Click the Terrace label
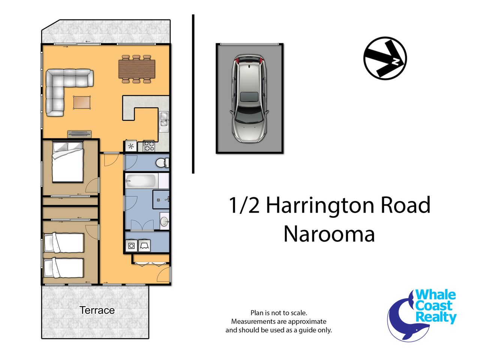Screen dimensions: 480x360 tap(97, 310)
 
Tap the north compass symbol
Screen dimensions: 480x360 tap(385, 58)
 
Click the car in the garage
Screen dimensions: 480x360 tap(249, 99)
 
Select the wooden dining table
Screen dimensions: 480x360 tap(136, 69)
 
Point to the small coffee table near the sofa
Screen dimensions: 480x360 tap(82, 102)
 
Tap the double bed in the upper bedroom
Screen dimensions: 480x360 tap(67, 162)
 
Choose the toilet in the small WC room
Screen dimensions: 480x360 tap(162, 163)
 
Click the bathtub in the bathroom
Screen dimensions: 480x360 tap(141, 180)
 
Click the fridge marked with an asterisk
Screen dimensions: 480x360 tap(131, 146)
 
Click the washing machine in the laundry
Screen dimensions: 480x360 tap(131, 246)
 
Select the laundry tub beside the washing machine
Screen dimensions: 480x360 tap(144, 246)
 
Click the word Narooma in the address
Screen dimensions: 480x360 tap(329, 234)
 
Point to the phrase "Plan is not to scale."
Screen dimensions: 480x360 tap(279, 313)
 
